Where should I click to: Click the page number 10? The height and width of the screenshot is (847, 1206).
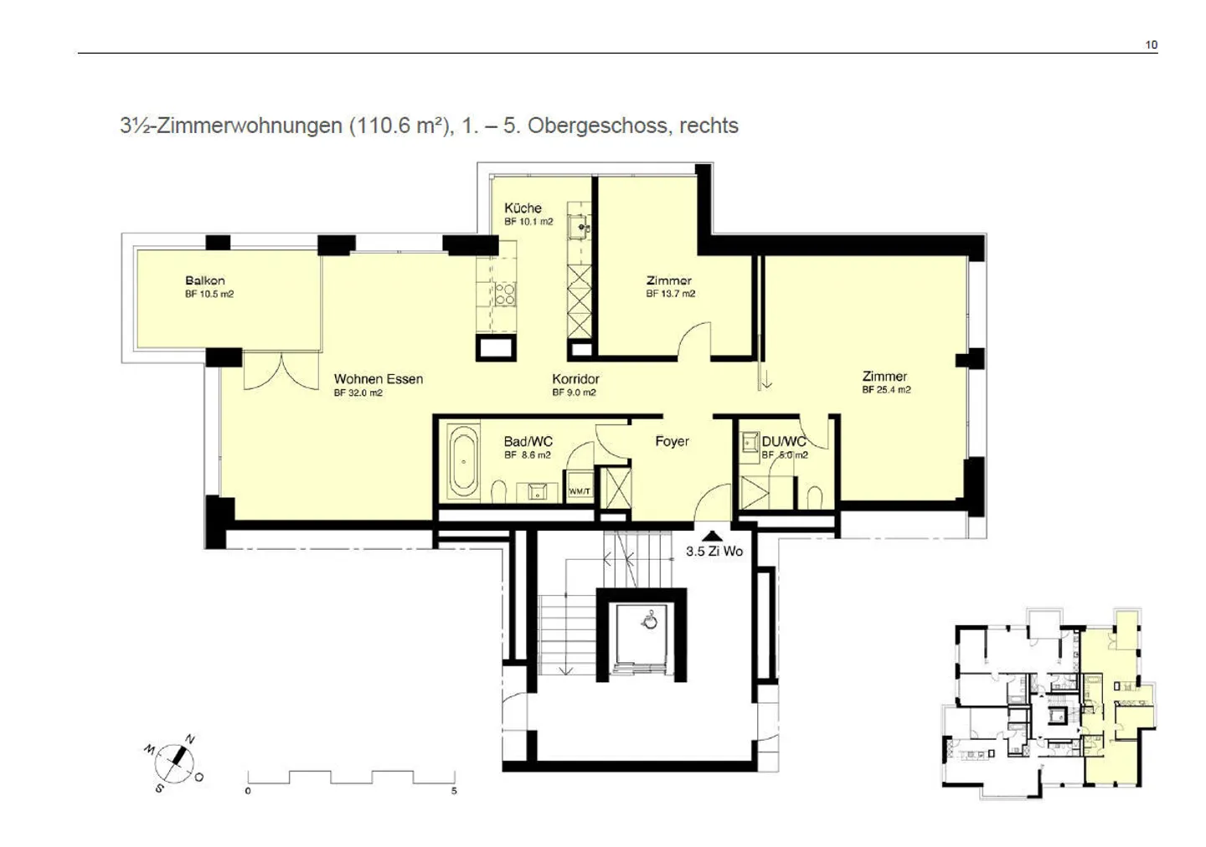(1152, 45)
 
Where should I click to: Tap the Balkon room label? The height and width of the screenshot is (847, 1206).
(204, 281)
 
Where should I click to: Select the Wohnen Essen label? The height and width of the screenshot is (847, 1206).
(378, 379)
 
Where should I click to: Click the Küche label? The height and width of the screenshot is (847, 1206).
(523, 208)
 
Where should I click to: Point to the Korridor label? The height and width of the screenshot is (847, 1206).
(575, 379)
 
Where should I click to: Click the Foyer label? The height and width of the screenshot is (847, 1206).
(672, 441)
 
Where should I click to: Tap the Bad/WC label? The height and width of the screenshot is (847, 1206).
(528, 442)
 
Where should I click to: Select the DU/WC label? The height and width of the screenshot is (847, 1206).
(783, 441)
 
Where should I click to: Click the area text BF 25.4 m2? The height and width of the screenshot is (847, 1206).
(886, 390)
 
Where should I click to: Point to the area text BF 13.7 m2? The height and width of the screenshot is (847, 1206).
(670, 294)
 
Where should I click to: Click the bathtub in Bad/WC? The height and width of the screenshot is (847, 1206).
(462, 461)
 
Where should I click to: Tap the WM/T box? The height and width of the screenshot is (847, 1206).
(580, 491)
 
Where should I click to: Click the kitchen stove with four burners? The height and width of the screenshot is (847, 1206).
(505, 294)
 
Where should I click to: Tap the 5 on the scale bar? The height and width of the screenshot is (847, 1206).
(454, 791)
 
